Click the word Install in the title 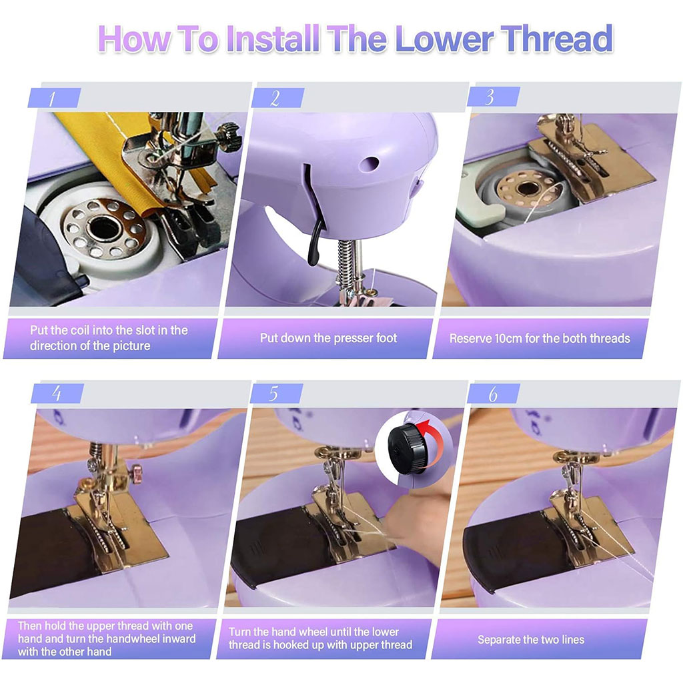(275, 39)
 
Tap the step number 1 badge (53, 98)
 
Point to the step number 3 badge (492, 97)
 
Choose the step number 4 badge (57, 394)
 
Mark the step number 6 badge (493, 394)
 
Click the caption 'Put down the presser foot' (328, 338)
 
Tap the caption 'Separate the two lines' (530, 640)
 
